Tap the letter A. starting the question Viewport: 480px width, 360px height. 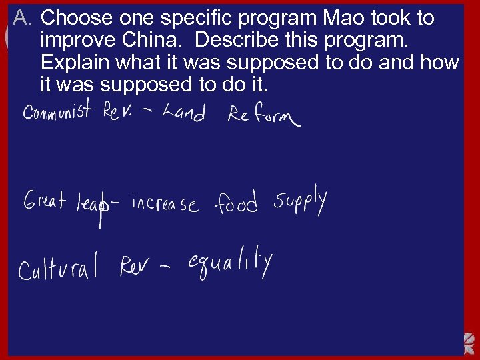tap(21, 18)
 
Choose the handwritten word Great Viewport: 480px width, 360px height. tap(45, 200)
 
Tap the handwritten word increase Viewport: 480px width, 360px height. tap(165, 202)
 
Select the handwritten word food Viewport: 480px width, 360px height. tap(235, 203)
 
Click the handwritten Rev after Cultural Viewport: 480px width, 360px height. tap(136, 267)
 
